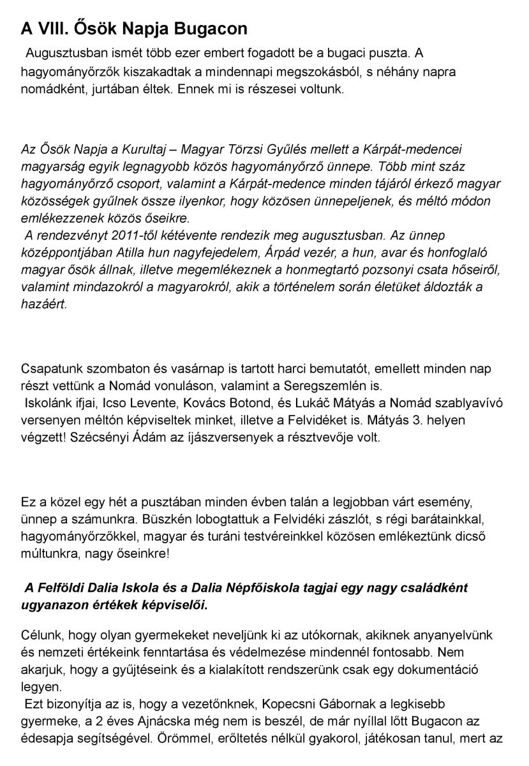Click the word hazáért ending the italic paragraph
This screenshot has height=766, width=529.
(x=43, y=304)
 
